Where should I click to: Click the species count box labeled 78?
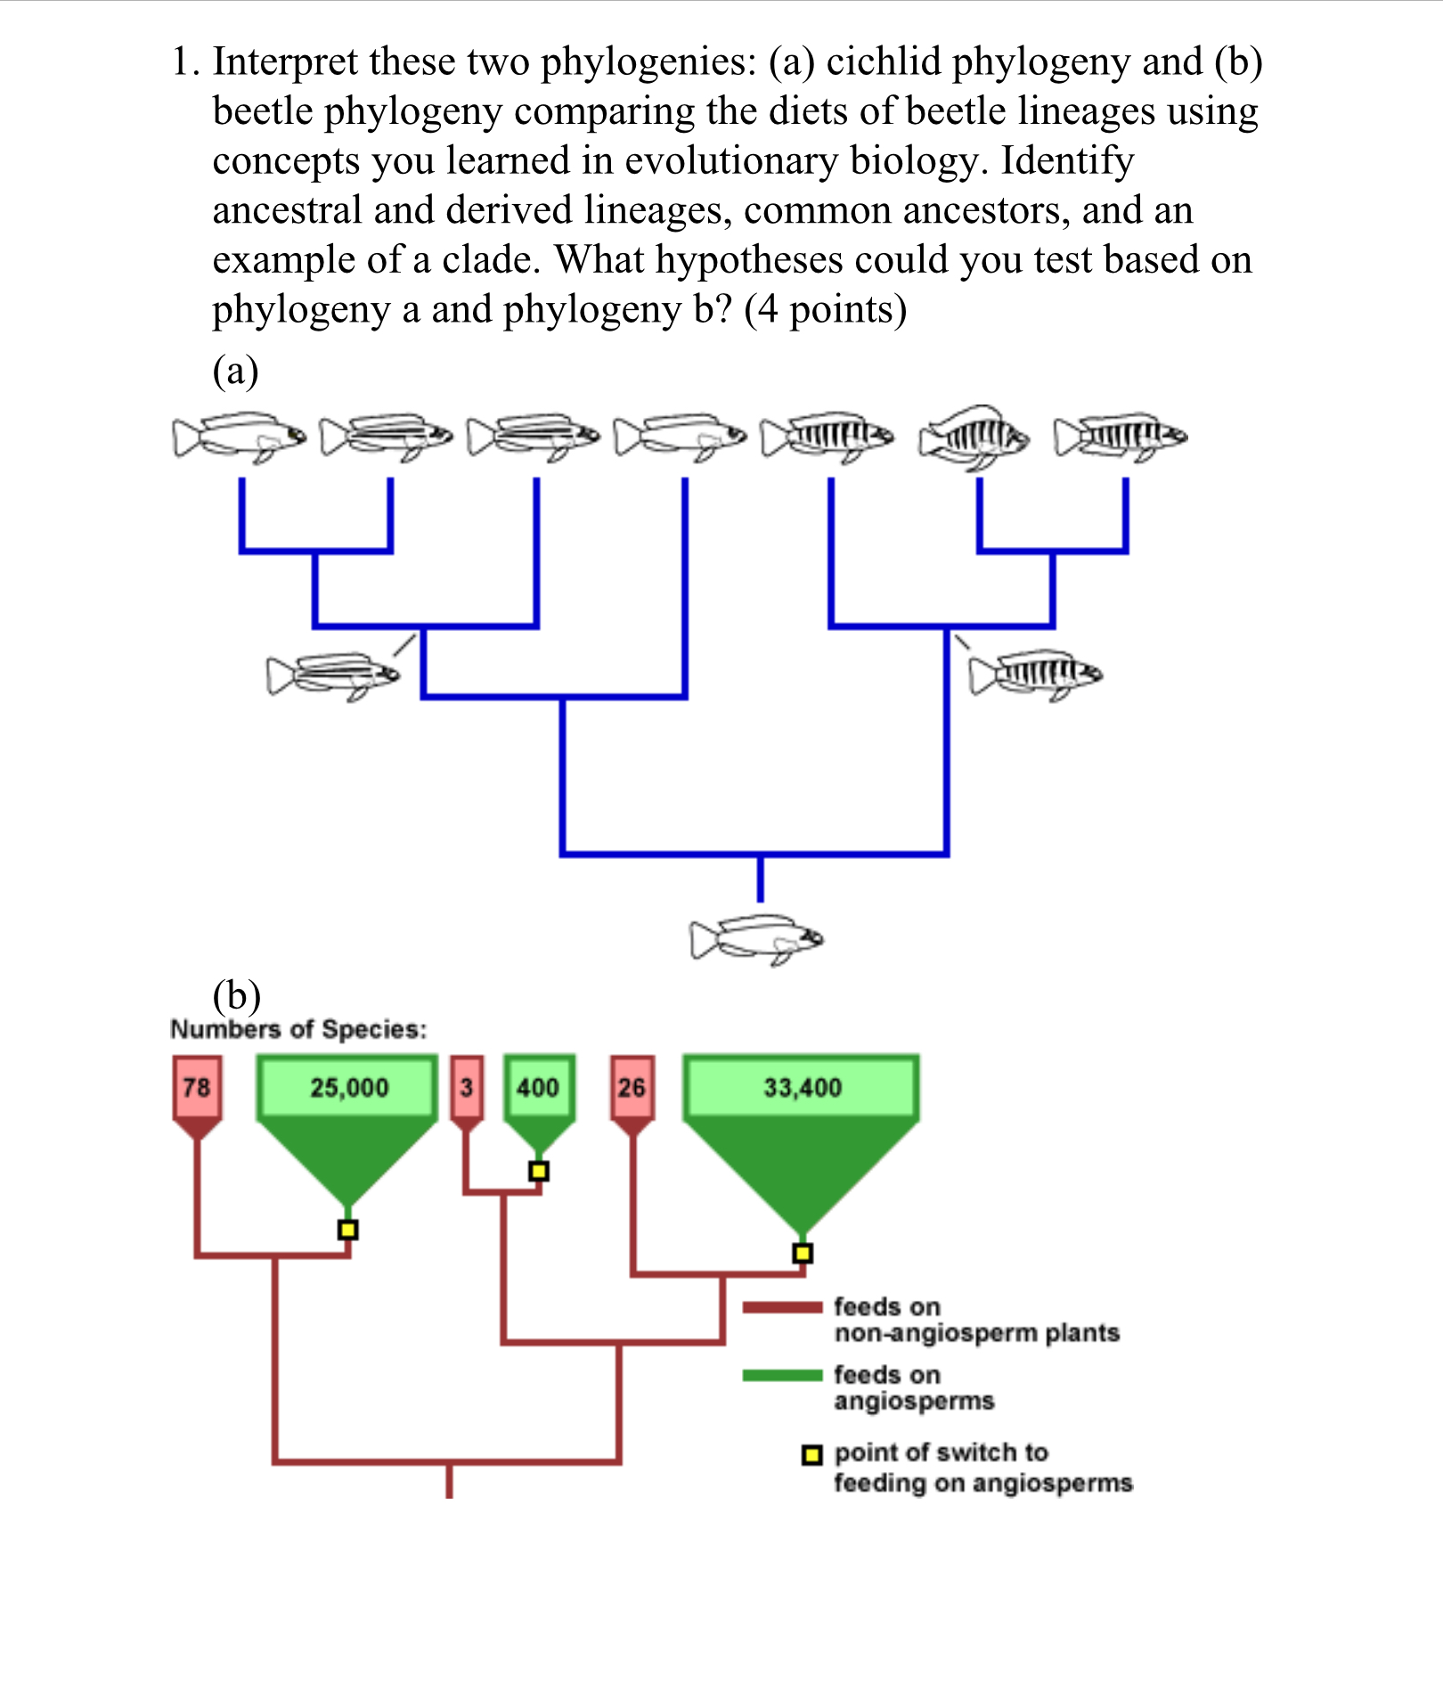coord(197,1087)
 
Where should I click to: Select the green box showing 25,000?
coord(348,1087)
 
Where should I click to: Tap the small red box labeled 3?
coord(467,1087)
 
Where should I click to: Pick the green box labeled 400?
coord(538,1087)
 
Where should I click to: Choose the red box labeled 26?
coord(632,1087)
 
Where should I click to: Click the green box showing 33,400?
coord(802,1087)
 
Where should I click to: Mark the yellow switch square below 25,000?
coord(348,1230)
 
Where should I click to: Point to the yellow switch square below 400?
coord(538,1171)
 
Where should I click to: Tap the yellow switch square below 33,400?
coord(803,1253)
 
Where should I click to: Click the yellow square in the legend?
coord(811,1455)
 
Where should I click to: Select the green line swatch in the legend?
coord(782,1376)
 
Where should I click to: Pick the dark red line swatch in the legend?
coord(782,1307)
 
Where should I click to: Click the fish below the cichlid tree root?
coord(756,939)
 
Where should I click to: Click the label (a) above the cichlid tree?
coord(235,371)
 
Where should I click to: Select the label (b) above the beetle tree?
coord(236,995)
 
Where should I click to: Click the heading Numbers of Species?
coord(298,1029)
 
